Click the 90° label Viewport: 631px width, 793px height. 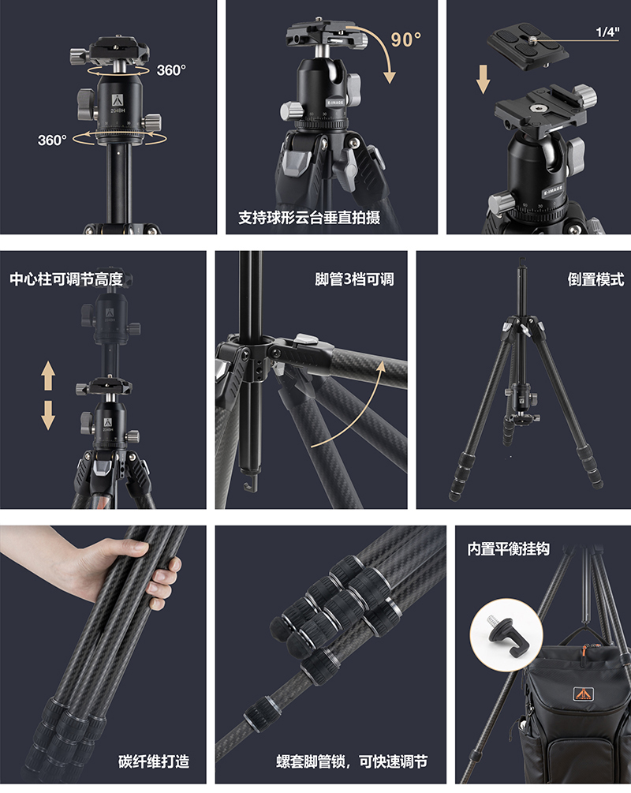point(405,39)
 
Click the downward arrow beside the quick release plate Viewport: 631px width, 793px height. point(484,80)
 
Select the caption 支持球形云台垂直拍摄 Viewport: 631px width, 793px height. point(308,217)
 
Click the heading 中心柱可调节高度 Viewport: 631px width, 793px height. point(66,279)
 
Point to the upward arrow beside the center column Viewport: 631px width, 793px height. point(49,376)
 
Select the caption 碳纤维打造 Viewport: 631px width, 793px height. point(154,761)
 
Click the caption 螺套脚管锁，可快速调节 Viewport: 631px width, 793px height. point(352,761)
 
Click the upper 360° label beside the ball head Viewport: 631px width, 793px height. point(171,70)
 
